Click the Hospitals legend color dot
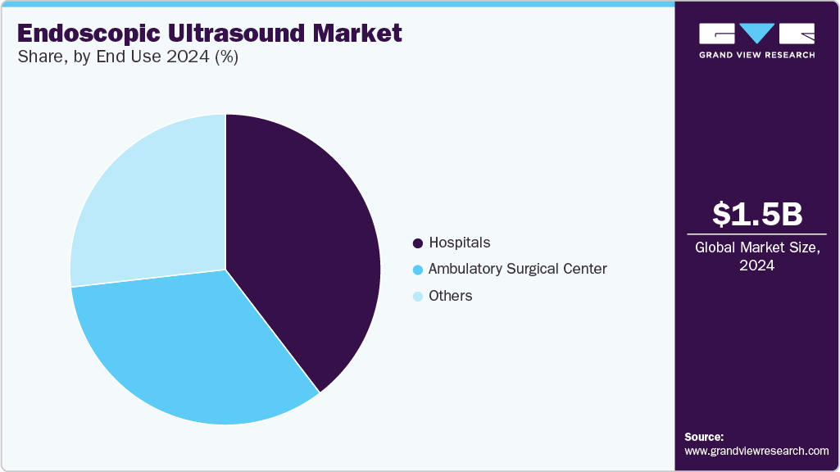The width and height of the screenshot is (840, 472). pos(418,243)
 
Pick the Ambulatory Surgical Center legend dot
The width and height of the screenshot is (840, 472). pos(418,270)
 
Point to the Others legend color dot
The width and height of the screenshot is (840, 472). pos(418,296)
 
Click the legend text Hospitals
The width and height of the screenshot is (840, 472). pos(460,243)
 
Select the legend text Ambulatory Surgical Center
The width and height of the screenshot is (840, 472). pos(517,269)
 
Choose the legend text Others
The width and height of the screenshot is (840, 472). pos(451,296)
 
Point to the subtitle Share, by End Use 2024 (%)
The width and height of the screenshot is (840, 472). pos(127,58)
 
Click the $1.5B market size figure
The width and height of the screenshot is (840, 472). pos(756,214)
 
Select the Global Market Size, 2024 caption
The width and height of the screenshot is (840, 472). pos(756,256)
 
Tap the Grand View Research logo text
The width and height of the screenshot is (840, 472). pos(756,55)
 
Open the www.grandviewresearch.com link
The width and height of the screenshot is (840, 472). pos(756,451)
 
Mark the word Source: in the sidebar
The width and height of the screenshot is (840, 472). pos(704,437)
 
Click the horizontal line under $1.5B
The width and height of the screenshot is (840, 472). pos(756,234)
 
